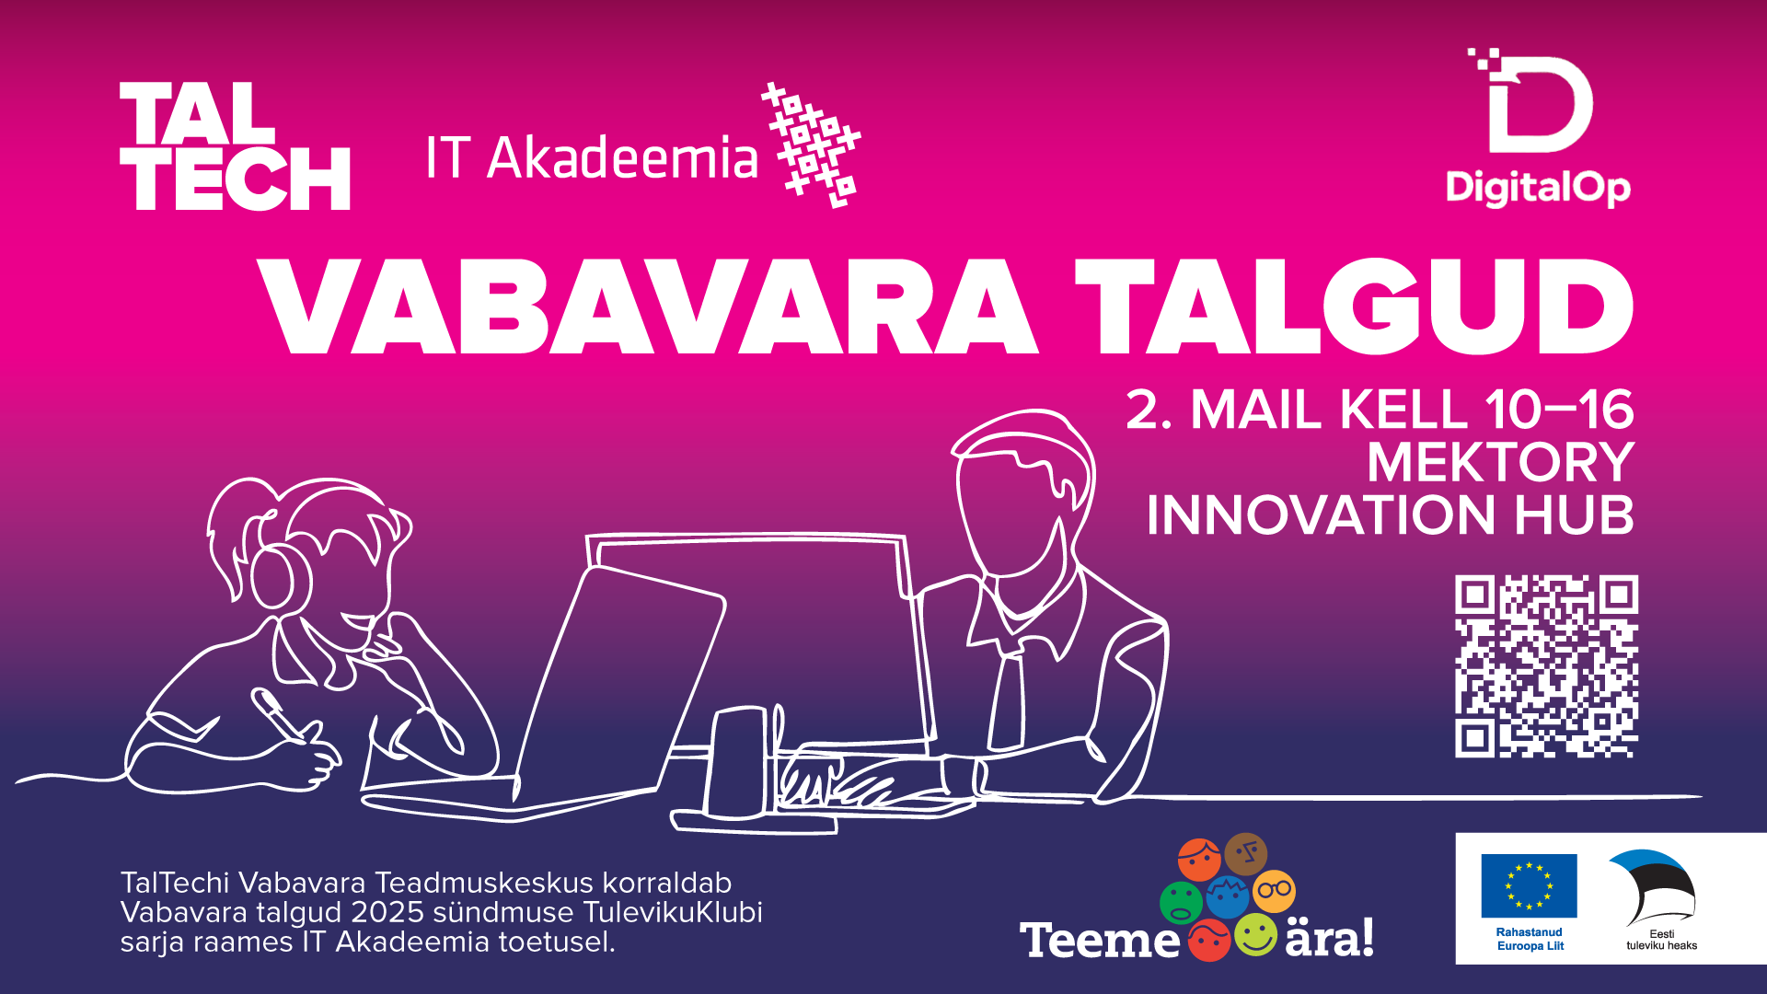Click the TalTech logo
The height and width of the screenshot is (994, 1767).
(x=235, y=146)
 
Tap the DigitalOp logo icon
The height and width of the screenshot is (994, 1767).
(x=1531, y=100)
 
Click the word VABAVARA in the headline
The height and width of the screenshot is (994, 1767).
(x=648, y=306)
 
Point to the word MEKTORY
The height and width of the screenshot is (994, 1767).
(x=1500, y=462)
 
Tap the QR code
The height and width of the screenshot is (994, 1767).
(x=1546, y=666)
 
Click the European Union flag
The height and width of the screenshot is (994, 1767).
(x=1529, y=885)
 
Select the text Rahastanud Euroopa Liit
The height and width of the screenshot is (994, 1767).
(x=1530, y=939)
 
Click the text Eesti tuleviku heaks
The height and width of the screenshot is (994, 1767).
(x=1661, y=940)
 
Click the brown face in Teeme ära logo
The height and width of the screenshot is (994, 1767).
(x=1246, y=855)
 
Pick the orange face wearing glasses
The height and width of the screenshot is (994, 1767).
(x=1275, y=891)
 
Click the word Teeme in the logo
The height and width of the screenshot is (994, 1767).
(x=1099, y=941)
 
